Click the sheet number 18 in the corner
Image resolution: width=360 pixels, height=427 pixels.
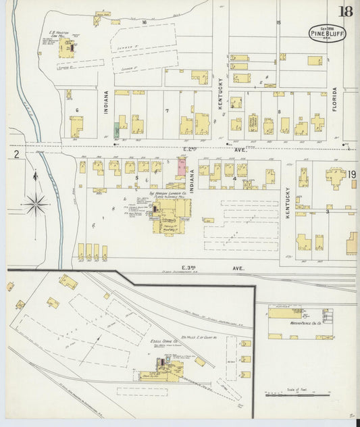(345, 11)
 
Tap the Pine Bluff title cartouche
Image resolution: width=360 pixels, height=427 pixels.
(328, 33)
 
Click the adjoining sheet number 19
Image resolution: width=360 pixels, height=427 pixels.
(352, 174)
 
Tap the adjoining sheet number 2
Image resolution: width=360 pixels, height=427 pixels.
(16, 154)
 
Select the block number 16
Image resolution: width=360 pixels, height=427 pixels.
(144, 22)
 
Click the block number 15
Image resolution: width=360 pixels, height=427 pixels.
(278, 22)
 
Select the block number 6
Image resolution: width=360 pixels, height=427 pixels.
(78, 109)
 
